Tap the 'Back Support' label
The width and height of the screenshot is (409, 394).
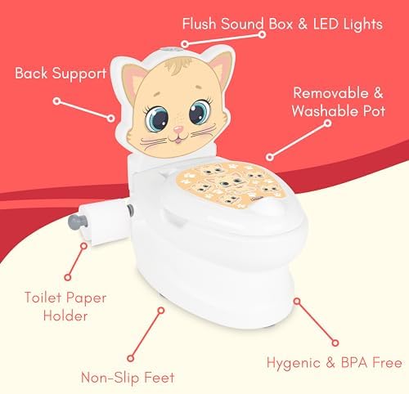(61, 74)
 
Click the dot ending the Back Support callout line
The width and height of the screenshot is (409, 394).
(58, 101)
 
